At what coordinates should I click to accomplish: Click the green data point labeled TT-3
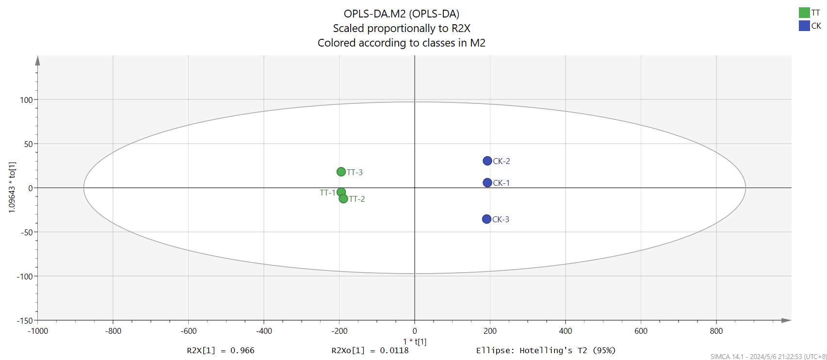click(341, 172)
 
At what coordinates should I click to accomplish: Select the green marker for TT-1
click(341, 192)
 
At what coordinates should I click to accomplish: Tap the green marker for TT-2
click(343, 198)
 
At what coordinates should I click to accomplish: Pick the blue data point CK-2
click(487, 161)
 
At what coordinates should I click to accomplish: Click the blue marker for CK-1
click(487, 183)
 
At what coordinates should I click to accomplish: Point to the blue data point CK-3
click(486, 219)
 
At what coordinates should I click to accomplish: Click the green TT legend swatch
click(804, 13)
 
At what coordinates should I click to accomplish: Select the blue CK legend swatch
click(804, 26)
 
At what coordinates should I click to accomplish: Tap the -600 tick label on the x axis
click(189, 331)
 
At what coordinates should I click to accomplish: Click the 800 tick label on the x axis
click(716, 331)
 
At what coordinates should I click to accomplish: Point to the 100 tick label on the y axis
click(26, 100)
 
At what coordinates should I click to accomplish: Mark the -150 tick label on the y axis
click(25, 321)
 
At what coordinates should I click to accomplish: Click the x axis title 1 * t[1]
click(415, 342)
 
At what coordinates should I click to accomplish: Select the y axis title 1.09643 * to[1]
click(12, 187)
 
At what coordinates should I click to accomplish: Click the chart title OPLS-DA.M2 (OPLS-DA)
click(401, 14)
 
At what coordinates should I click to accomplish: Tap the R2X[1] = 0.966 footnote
click(220, 350)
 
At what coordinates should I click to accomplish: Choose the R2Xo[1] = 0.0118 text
click(370, 350)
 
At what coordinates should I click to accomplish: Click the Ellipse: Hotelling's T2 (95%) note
click(546, 350)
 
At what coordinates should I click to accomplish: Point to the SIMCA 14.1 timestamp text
click(768, 357)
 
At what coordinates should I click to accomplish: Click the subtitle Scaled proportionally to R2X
click(401, 28)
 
